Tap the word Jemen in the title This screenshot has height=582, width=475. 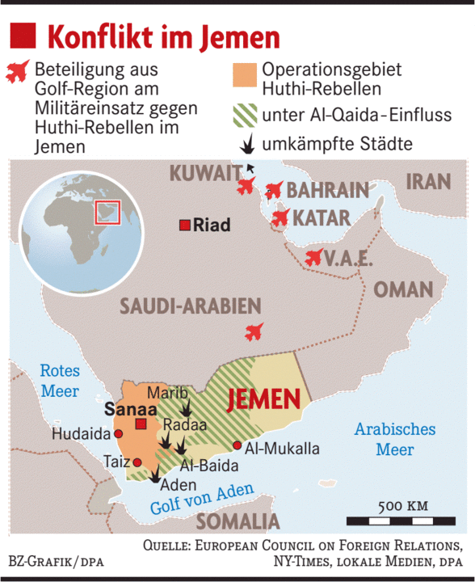coord(239,36)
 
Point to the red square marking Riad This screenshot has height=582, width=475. coord(185,225)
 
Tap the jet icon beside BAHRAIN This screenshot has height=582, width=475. coord(274,191)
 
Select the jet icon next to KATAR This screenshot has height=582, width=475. coord(280,217)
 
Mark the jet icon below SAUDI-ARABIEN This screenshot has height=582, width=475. coord(254,331)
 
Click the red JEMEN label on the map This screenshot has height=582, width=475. coord(265,399)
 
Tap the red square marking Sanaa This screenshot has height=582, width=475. coord(141,424)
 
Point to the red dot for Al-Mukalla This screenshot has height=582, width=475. coord(237,445)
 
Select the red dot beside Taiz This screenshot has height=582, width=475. coord(137,462)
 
